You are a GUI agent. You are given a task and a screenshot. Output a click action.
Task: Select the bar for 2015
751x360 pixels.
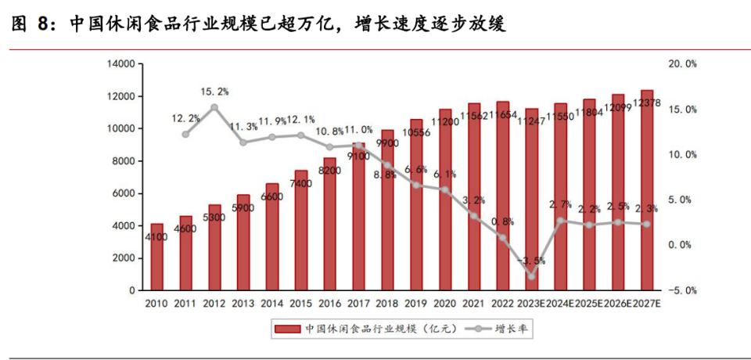301,230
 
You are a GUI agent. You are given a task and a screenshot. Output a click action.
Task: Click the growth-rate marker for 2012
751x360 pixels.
214,107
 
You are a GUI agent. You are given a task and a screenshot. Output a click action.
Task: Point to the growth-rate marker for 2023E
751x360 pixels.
531,275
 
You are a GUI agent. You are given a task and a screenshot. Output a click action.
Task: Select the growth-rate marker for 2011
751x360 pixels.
185,134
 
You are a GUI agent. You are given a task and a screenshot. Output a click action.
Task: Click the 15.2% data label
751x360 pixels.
214,92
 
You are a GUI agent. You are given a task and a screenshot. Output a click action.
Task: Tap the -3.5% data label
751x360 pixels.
531,261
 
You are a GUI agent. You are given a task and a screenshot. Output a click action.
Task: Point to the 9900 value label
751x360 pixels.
387,143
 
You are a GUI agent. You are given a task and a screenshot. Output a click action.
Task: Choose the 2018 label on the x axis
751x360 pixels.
387,303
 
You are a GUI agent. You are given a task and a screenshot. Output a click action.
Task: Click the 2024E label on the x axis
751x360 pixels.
560,303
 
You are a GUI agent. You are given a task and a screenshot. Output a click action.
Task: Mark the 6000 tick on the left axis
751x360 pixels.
124,193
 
